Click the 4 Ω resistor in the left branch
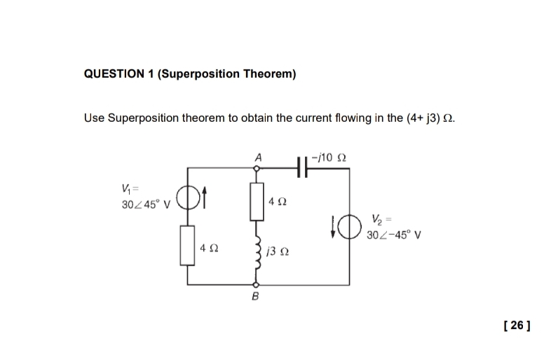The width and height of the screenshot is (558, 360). point(186,245)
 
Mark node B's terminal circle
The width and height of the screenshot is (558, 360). point(256,286)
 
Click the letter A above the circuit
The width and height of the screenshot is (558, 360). point(257,158)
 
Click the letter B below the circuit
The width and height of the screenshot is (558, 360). point(255,298)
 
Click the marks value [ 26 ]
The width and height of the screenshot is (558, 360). point(517,326)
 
